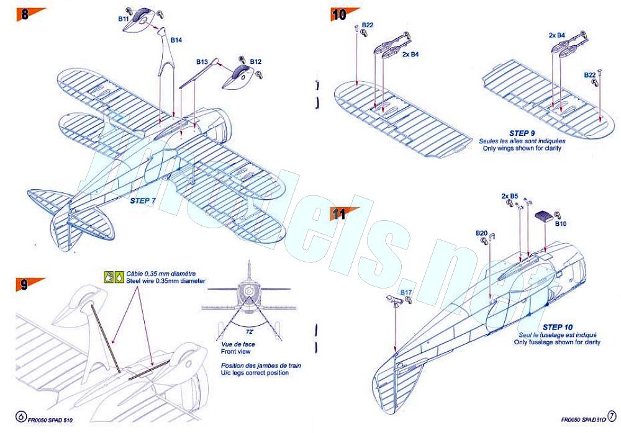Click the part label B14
point(176,40)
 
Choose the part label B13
point(201,61)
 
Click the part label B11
point(122,20)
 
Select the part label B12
point(256,62)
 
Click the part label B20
point(481,233)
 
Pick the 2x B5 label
point(509,196)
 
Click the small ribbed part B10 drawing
point(543,216)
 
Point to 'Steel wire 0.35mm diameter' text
point(166,280)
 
